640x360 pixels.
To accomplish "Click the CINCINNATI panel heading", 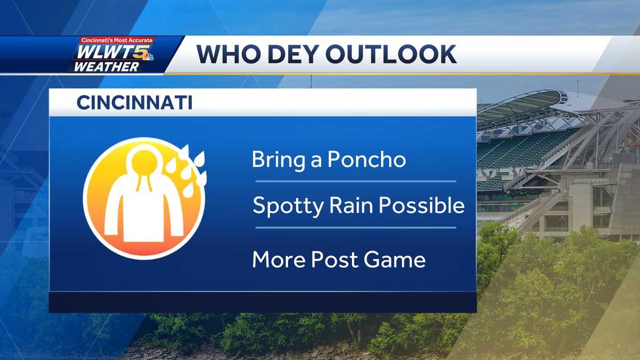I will tap(134, 103).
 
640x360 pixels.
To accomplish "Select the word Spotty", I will tap(286, 206).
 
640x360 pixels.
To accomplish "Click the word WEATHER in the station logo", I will tap(107, 67).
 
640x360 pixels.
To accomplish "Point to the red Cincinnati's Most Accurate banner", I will tap(117, 41).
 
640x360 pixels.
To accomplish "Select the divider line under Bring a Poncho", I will tap(355, 181).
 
